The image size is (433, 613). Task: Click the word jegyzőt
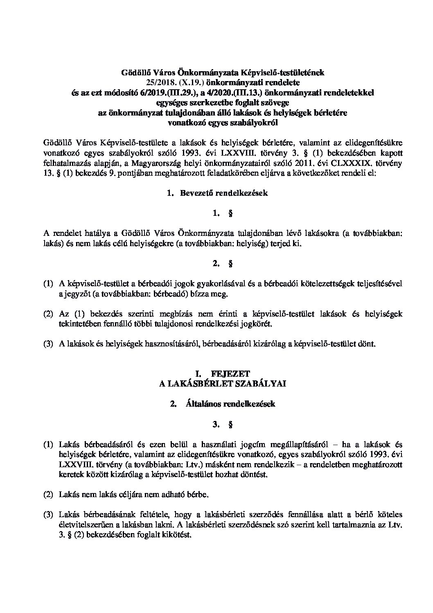pos(77,294)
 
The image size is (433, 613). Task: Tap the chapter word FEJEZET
pos(230,373)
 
